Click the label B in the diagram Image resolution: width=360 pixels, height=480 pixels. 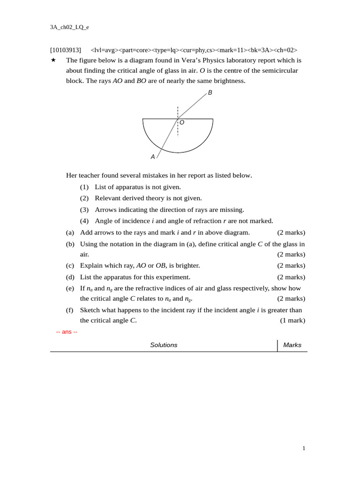pos(210,93)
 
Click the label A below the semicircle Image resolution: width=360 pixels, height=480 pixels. pos(153,157)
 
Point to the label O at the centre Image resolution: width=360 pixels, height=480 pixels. pos(182,122)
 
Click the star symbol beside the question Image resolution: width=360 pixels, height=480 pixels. pos(53,60)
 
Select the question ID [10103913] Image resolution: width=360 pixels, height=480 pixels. pos(66,50)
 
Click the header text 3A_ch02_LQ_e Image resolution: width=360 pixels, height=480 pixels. pos(69,27)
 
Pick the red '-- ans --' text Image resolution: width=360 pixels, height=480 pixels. pos(67,332)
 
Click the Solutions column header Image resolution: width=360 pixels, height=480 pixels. pos(164,345)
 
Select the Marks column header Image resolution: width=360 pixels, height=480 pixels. pos(292,345)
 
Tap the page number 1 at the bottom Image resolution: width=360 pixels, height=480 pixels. pos(304,449)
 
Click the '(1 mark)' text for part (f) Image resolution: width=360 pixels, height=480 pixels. pos(292,321)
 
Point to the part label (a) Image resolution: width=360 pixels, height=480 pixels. pos(70,232)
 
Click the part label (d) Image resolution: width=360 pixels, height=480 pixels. pos(70,277)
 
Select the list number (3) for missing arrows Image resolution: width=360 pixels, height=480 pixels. pos(84,210)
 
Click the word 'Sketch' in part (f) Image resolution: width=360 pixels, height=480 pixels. pos(90,310)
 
